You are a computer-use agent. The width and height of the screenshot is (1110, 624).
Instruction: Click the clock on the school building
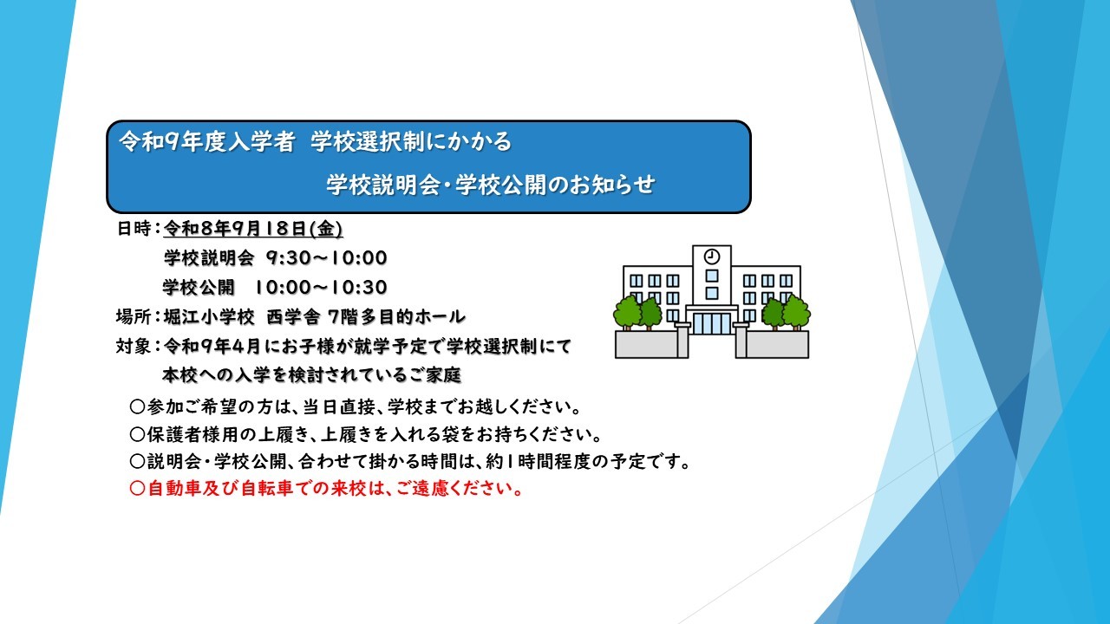(x=712, y=257)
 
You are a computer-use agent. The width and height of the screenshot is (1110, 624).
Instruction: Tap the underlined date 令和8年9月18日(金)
(x=252, y=229)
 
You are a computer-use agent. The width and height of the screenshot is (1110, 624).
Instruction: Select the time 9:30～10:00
(x=327, y=258)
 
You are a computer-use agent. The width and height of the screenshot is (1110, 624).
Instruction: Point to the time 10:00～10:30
(x=321, y=287)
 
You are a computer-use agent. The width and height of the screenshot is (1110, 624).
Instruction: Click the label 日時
(x=134, y=229)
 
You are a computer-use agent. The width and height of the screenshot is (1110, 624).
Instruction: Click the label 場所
(x=134, y=316)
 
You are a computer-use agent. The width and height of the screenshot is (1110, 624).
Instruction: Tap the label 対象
(x=134, y=346)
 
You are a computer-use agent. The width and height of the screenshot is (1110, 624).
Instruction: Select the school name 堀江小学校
(x=209, y=317)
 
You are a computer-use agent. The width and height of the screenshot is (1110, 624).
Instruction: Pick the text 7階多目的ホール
(x=397, y=317)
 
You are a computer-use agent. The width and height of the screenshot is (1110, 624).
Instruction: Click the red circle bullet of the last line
(x=137, y=489)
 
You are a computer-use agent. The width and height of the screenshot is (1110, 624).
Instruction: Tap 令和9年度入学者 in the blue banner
(x=207, y=142)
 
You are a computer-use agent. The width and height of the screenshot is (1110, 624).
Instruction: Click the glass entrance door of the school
(x=712, y=323)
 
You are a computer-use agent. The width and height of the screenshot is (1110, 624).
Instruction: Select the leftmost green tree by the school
(x=627, y=312)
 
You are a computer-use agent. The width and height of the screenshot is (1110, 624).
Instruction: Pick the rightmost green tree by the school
(x=796, y=312)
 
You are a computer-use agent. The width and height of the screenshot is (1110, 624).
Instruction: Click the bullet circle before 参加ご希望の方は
(x=137, y=407)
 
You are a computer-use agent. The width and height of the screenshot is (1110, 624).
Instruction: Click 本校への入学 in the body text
(x=216, y=376)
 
